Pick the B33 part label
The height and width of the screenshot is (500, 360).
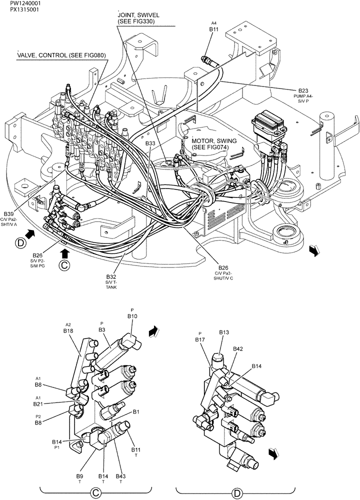coord(150,143)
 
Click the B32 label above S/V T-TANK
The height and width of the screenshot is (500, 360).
coord(111,276)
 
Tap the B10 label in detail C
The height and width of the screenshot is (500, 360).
coord(132,316)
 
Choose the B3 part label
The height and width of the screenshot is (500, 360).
coord(101,329)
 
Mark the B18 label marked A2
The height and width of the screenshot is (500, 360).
coord(68,330)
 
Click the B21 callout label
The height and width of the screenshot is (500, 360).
coord(38,403)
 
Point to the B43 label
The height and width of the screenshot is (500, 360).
coord(121,476)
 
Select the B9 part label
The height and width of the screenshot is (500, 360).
coord(79,476)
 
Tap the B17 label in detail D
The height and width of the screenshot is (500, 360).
coord(200,339)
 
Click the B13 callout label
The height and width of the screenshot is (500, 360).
coord(224,332)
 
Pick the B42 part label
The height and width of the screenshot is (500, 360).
coord(238,349)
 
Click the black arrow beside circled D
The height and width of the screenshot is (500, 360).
coord(30,233)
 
